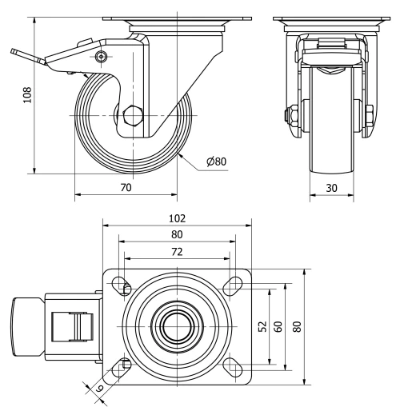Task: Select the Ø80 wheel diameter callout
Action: click(216, 162)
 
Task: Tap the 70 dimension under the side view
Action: click(126, 188)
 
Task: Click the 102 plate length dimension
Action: click(177, 217)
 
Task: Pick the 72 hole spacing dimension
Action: click(177, 252)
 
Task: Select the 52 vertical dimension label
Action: click(263, 328)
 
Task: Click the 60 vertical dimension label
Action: click(278, 328)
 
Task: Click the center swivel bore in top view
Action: click(177, 326)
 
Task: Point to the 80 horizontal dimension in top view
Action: click(177, 234)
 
